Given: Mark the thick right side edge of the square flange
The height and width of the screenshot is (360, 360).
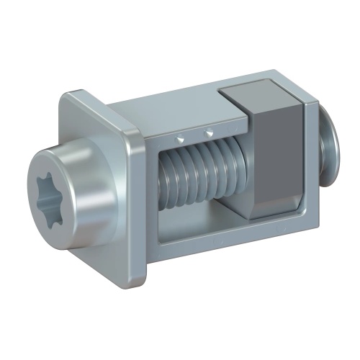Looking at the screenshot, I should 140,202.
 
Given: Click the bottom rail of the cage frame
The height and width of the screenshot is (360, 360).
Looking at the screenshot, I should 230,238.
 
